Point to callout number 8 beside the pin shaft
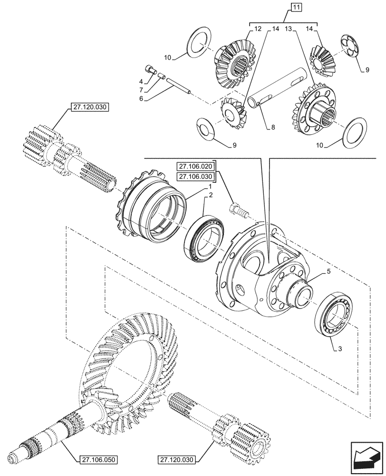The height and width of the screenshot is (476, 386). pos(273,127)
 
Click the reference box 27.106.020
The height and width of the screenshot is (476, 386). pos(196,167)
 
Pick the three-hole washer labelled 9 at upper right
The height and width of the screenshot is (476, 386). pos(354,48)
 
